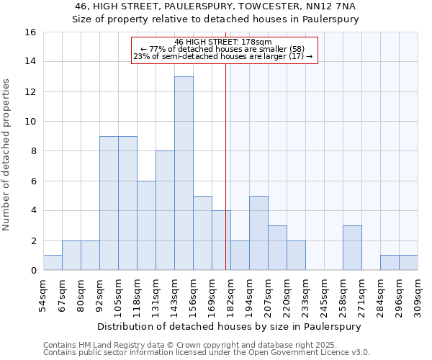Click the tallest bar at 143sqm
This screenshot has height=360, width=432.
coord(184,173)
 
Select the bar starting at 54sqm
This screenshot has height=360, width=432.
coord(53,263)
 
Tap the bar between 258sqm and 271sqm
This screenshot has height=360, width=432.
coord(352,248)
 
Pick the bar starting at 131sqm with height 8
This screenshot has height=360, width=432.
coord(165,210)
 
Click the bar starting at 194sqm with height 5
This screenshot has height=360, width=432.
coord(258,233)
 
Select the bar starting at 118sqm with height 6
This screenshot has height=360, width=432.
coord(146,225)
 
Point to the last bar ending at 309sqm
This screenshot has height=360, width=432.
coord(408,263)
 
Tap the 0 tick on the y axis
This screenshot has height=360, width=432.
coord(32,271)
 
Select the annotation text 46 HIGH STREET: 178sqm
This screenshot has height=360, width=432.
coord(224,42)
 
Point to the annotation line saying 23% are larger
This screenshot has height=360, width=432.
coord(224,56)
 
